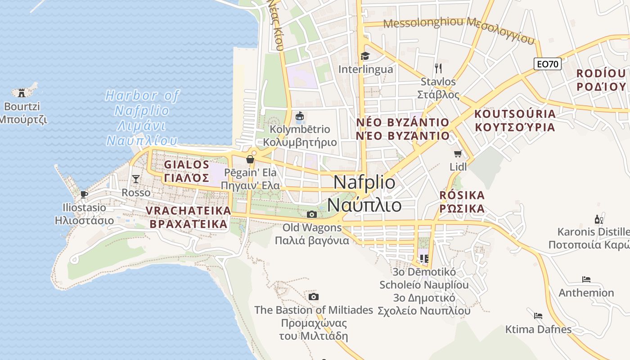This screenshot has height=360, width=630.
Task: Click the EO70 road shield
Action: (x=548, y=64)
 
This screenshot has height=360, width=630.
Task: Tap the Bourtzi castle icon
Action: (x=21, y=92)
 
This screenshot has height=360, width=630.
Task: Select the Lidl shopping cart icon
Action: (x=458, y=154)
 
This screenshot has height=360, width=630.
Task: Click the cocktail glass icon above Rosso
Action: (x=135, y=179)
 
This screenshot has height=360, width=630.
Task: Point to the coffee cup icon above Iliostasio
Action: (x=84, y=194)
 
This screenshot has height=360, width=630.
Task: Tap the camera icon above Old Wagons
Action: (x=312, y=214)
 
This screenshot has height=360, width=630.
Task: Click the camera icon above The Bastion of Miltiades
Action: (x=314, y=297)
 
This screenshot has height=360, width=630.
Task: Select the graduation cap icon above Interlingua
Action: (x=365, y=56)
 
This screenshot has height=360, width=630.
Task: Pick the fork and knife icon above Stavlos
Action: (x=438, y=68)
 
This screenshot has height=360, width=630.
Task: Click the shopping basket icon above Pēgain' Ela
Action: (x=250, y=159)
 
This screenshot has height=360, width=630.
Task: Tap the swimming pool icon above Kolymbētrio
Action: (x=299, y=117)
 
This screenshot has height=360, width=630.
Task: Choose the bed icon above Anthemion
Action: (x=586, y=279)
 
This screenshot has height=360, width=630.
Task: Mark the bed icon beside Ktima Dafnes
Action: (x=538, y=315)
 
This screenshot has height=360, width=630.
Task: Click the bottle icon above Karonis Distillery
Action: (x=599, y=220)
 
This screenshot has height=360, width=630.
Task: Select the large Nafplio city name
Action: (x=364, y=193)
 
